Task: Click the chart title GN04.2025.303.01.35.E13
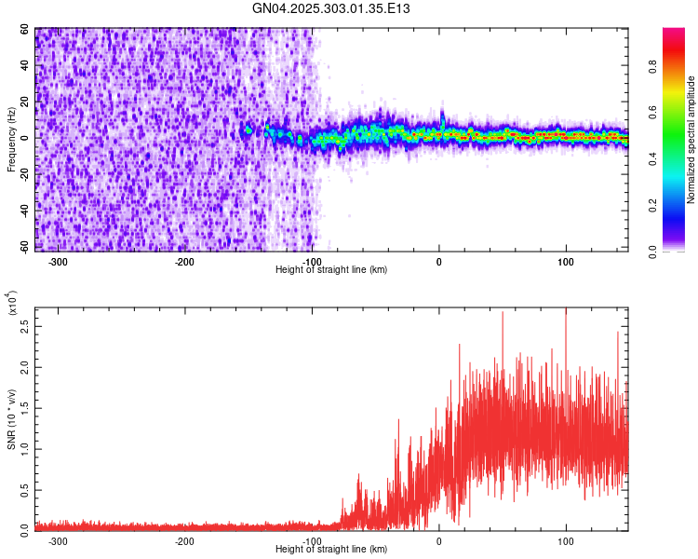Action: pyautogui.click(x=331, y=8)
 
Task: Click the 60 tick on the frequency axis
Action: pyautogui.click(x=26, y=30)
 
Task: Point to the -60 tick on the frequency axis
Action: pyautogui.click(x=24, y=247)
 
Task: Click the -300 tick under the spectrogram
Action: pyautogui.click(x=58, y=262)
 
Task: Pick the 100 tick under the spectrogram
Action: pyautogui.click(x=566, y=262)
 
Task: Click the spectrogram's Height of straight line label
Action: pyautogui.click(x=331, y=270)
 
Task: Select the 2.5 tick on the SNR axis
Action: pyautogui.click(x=26, y=328)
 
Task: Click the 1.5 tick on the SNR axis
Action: pyautogui.click(x=26, y=408)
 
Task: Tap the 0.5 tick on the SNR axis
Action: pyautogui.click(x=26, y=488)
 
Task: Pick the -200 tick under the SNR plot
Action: pyautogui.click(x=184, y=540)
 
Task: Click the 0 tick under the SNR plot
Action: pyautogui.click(x=438, y=540)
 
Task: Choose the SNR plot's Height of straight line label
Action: pyautogui.click(x=331, y=550)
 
